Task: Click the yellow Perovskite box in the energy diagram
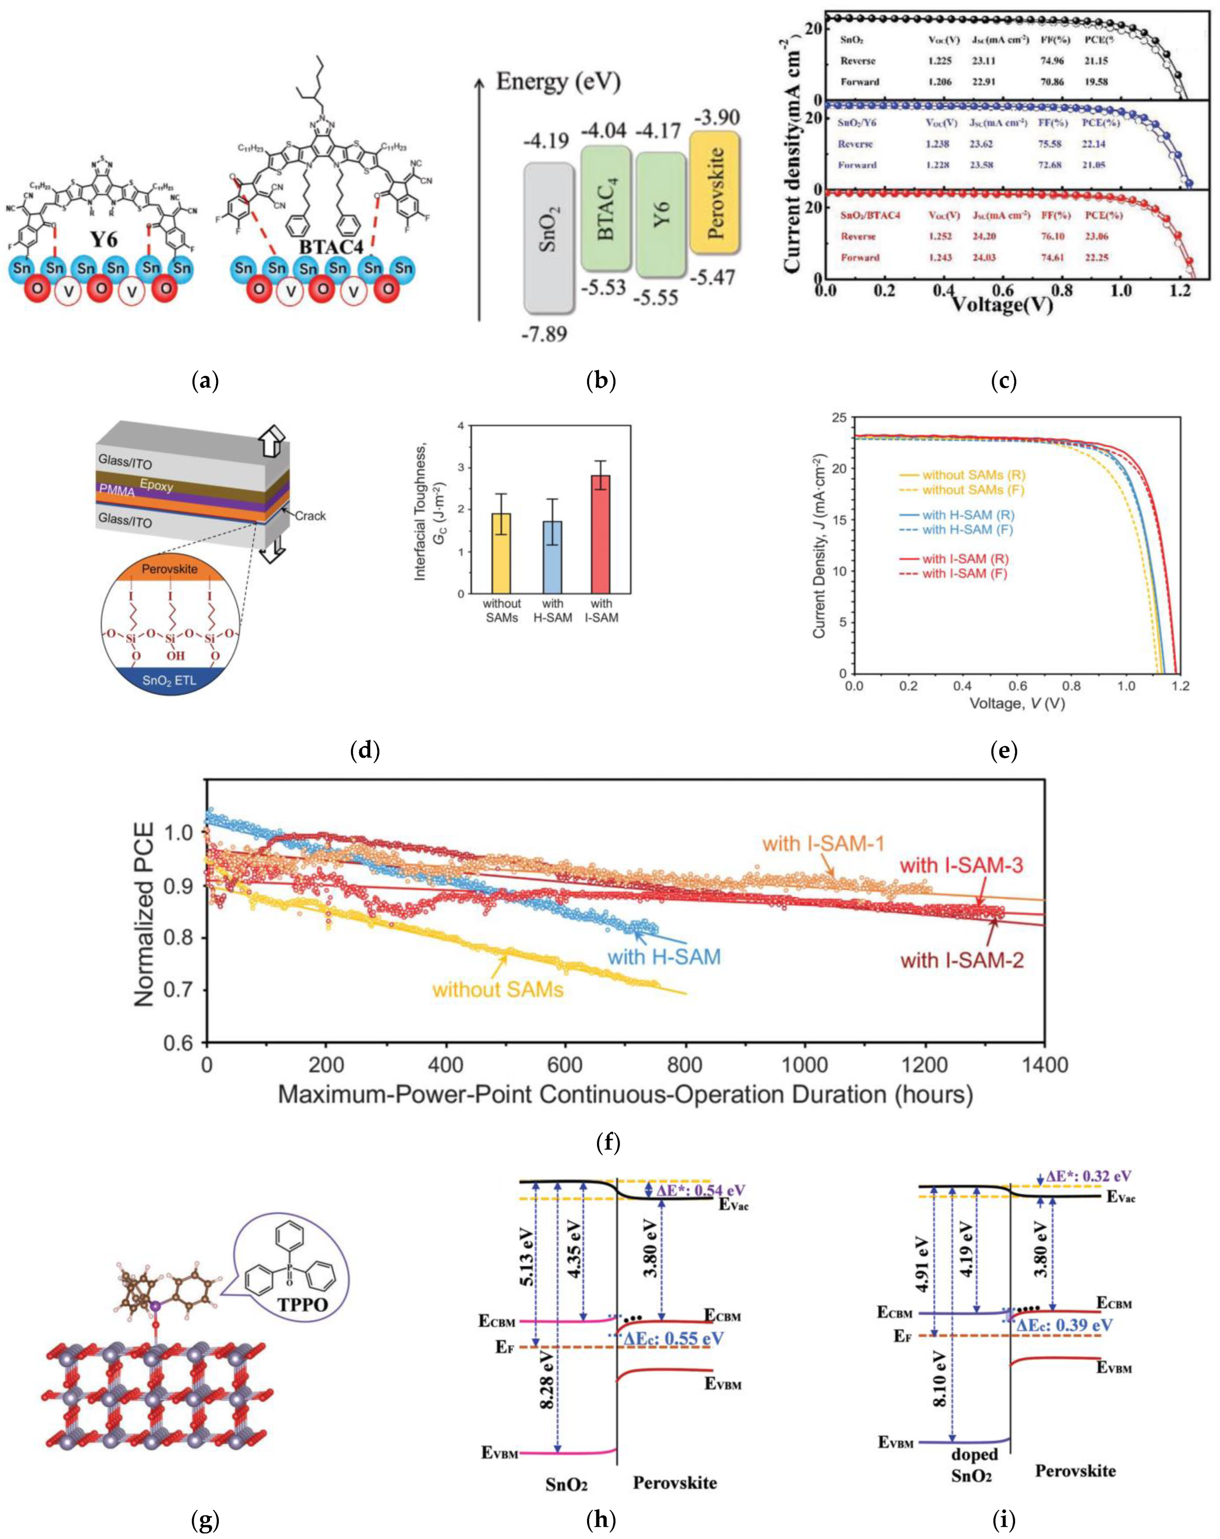714,192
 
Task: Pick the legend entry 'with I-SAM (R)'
965,559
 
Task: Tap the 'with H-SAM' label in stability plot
664,956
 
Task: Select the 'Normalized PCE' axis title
145,915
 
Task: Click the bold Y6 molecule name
103,239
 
